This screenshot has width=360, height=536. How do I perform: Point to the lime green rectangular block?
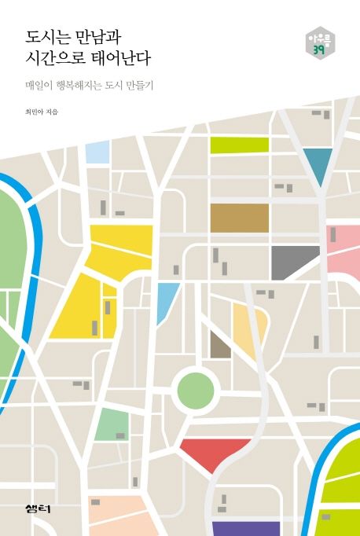239,145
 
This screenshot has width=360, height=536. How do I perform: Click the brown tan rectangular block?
239,218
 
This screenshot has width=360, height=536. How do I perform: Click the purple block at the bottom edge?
246,528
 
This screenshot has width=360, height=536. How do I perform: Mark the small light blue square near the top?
97,152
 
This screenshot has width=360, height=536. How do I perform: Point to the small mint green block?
112,424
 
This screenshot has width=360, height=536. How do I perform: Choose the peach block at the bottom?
118,516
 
